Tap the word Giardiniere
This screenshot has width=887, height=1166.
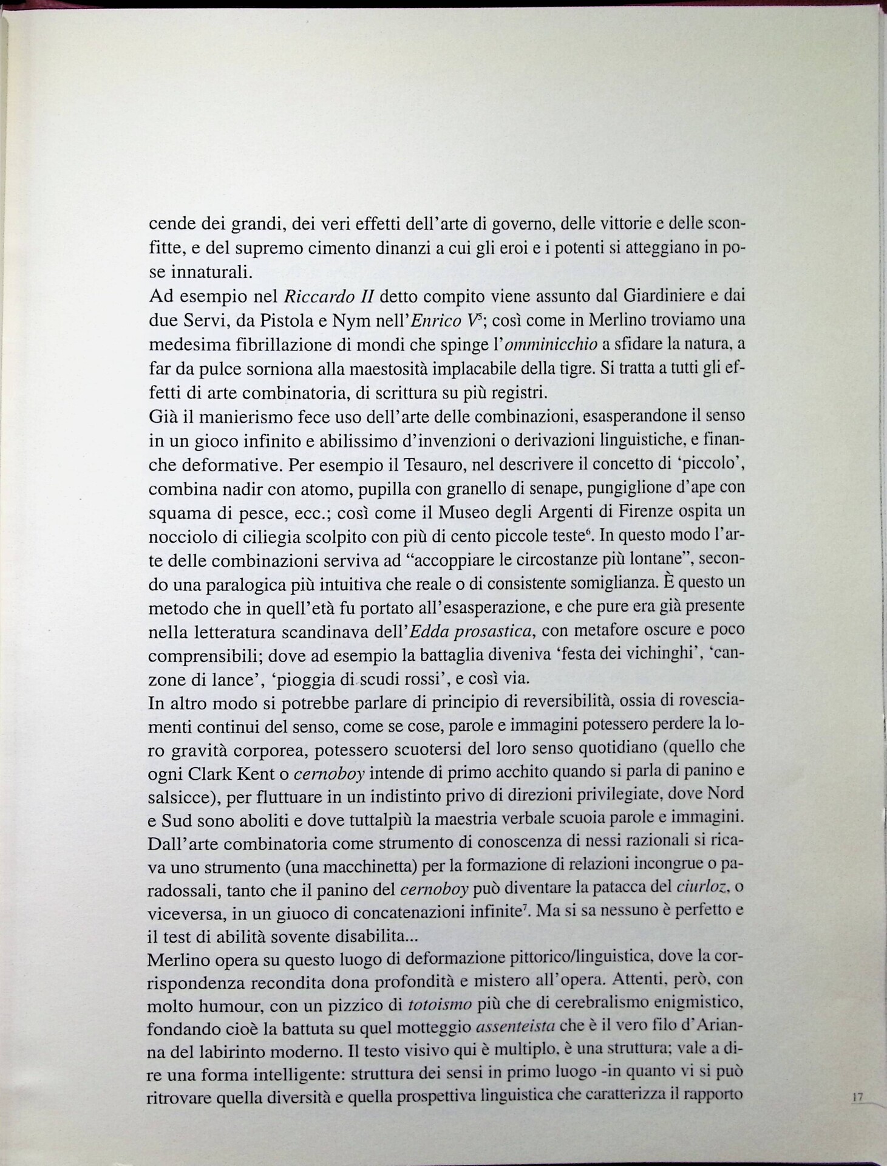click(x=656, y=296)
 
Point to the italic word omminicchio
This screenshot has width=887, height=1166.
click(x=550, y=344)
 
